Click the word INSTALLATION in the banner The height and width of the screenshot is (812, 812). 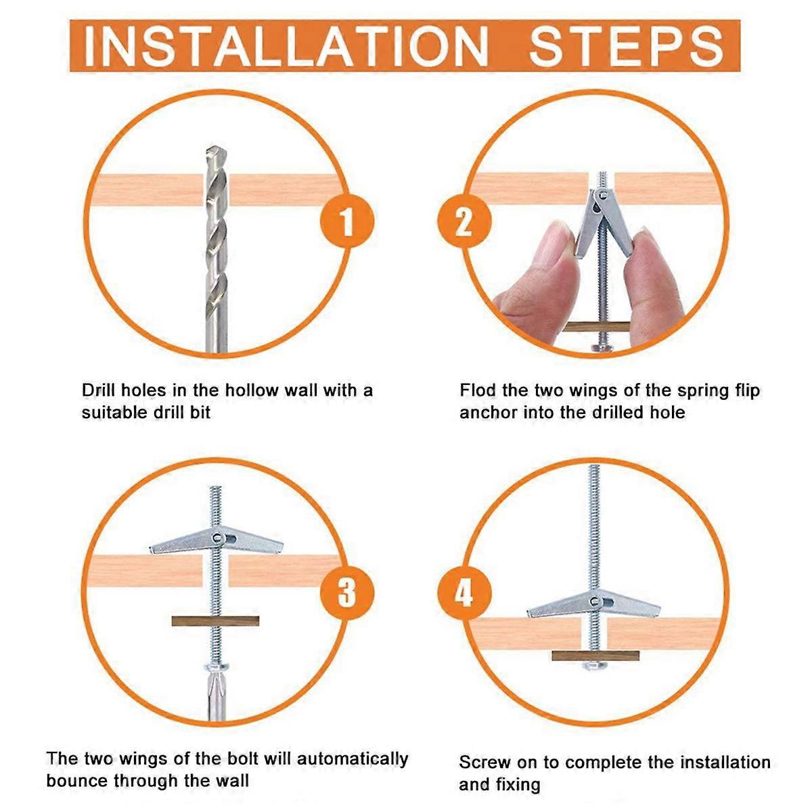click(x=286, y=46)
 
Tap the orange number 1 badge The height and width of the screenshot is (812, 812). click(x=347, y=221)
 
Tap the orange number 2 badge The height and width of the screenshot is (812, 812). click(x=464, y=221)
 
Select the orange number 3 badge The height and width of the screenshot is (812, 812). click(x=347, y=592)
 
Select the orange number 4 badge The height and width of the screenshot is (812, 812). click(x=464, y=592)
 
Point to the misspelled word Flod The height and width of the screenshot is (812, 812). click(x=478, y=390)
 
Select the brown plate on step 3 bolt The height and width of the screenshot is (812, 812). click(x=215, y=621)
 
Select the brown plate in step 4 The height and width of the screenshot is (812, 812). click(x=595, y=656)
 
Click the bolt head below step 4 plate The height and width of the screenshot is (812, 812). click(x=595, y=665)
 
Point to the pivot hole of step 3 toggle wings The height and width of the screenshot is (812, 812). click(x=217, y=537)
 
